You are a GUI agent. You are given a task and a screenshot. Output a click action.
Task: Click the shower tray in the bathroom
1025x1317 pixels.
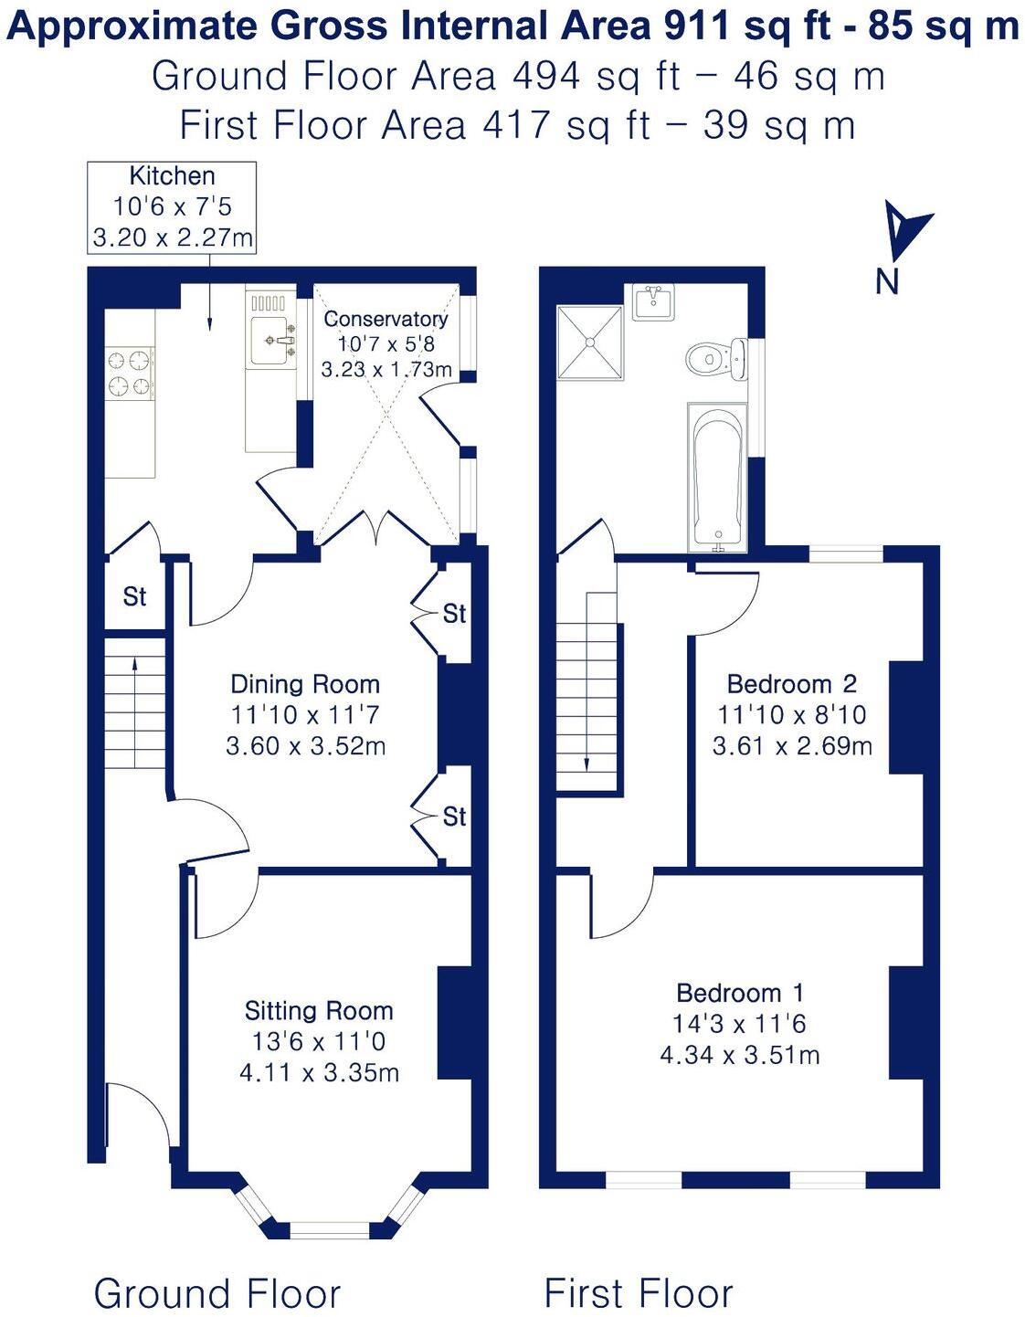pyautogui.click(x=591, y=342)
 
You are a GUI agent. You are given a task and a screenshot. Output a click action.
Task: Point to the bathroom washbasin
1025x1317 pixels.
pyautogui.click(x=653, y=300)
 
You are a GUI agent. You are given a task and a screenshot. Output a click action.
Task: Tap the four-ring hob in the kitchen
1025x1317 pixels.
pyautogui.click(x=130, y=374)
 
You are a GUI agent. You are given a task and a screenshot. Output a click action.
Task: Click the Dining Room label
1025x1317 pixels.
pyautogui.click(x=304, y=684)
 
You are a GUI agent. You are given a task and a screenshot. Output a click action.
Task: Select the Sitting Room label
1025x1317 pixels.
pyautogui.click(x=319, y=1010)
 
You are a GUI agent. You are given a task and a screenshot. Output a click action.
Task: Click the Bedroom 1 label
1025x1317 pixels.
pyautogui.click(x=740, y=993)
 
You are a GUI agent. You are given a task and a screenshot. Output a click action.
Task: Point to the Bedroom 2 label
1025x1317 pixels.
pyautogui.click(x=791, y=684)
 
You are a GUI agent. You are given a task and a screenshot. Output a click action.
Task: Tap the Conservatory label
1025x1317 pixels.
pyautogui.click(x=386, y=319)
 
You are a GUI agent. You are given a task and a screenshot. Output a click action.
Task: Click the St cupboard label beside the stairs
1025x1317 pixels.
pyautogui.click(x=134, y=596)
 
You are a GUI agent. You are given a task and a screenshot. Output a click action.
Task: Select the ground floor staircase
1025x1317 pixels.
pyautogui.click(x=135, y=703)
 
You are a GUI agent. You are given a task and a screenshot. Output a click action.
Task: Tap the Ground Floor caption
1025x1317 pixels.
pyautogui.click(x=217, y=1293)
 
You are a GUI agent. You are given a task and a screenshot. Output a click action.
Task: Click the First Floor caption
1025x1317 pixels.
pyautogui.click(x=638, y=1293)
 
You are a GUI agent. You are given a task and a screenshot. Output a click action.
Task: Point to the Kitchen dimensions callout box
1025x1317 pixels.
pyautogui.click(x=172, y=207)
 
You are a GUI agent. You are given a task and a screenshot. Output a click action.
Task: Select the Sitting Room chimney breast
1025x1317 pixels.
pyautogui.click(x=454, y=1024)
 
